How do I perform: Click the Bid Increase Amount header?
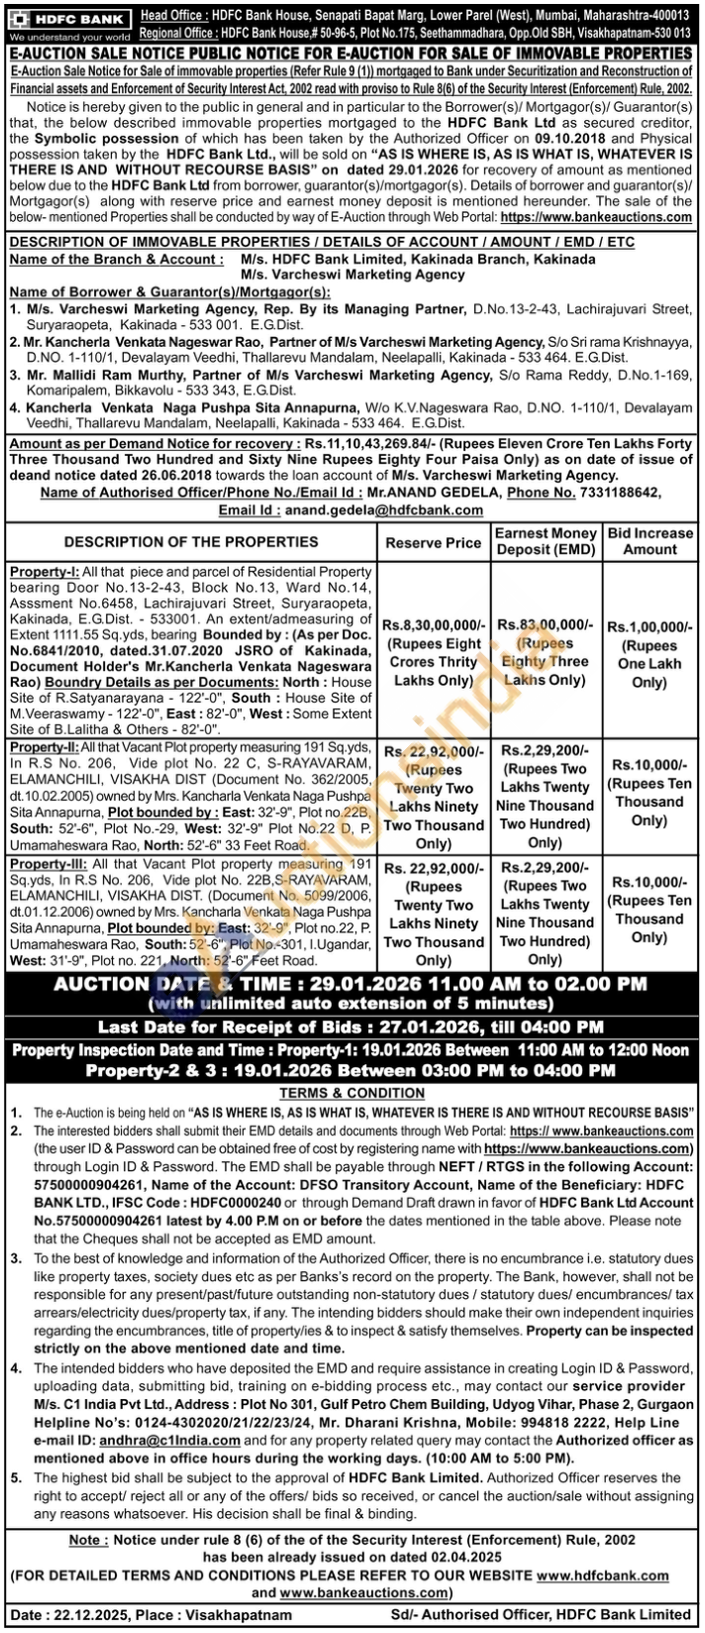650,542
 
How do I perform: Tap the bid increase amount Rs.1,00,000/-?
650,626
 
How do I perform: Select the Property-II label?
46,743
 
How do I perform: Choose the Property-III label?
48,866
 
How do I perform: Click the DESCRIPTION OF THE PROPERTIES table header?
191,542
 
